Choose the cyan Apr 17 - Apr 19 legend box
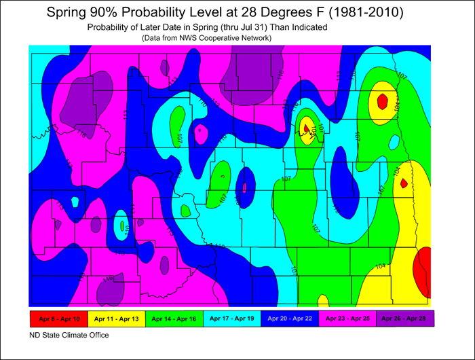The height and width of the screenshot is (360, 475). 231,318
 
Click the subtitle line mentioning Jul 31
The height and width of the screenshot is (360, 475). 208,27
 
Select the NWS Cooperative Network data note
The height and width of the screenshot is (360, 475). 206,38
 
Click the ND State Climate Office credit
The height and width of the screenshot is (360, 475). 69,335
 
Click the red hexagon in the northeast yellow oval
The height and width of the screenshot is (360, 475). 383,102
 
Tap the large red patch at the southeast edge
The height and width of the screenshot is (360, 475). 425,269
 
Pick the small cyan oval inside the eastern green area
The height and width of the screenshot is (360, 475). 394,142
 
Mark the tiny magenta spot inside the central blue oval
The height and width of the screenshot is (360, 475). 244,187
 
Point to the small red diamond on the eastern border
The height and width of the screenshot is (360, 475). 404,183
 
